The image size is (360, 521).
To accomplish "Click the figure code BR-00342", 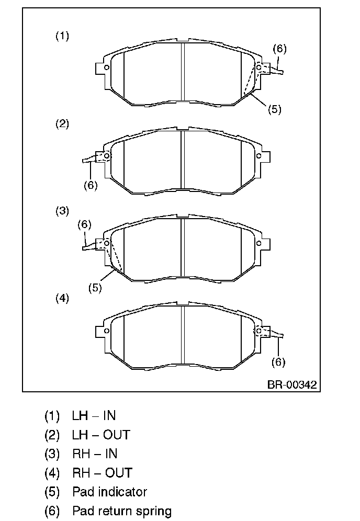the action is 292,384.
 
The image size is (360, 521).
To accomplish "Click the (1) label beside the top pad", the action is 62,36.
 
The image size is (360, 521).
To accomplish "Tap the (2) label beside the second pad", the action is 62,124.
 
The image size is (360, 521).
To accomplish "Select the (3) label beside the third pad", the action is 62,211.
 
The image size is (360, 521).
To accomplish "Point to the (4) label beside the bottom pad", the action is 62,298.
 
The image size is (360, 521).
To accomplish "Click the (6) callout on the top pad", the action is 279,49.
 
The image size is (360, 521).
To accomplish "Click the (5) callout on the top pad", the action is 275,109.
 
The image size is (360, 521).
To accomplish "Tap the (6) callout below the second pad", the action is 91,185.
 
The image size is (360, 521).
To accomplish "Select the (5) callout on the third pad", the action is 95,288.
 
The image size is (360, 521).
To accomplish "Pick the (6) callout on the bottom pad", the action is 278,362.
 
